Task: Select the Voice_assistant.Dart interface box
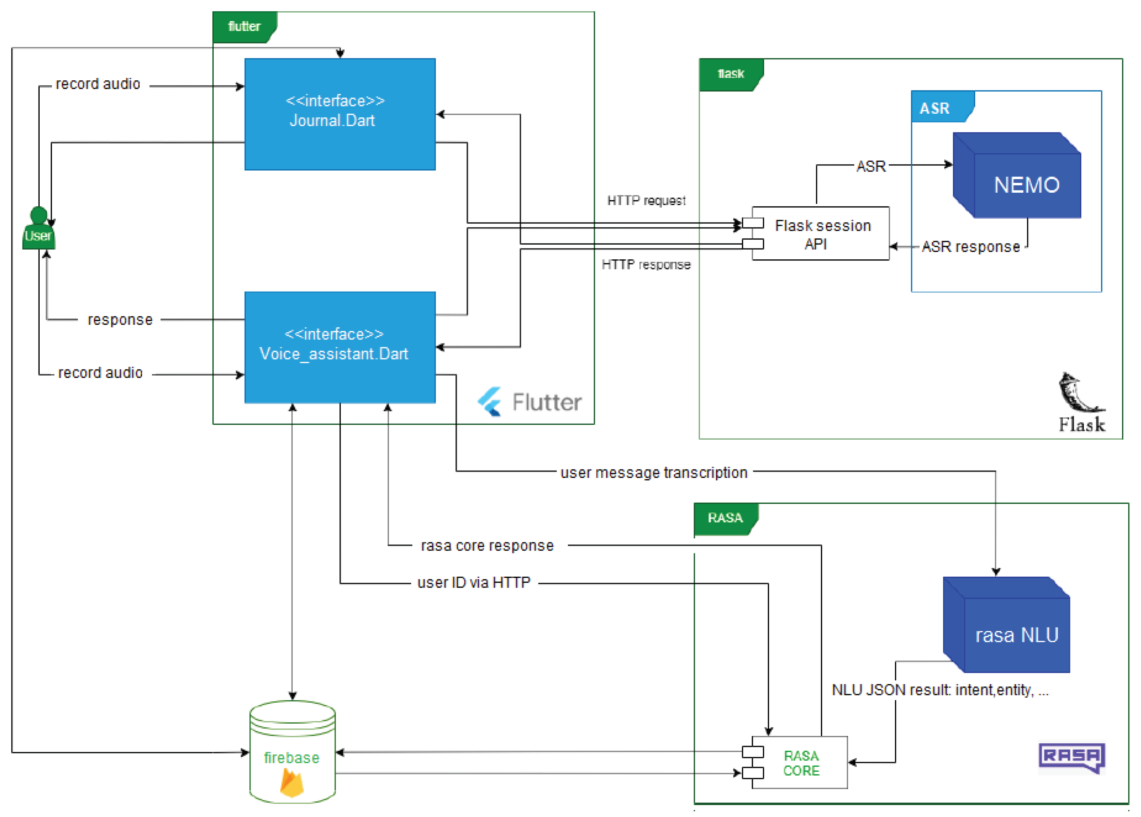340,347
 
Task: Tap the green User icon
39,229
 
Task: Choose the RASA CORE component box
801,763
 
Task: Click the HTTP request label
646,201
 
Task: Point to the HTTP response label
646,265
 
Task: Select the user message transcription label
654,473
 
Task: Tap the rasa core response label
487,546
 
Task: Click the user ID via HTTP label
474,583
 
